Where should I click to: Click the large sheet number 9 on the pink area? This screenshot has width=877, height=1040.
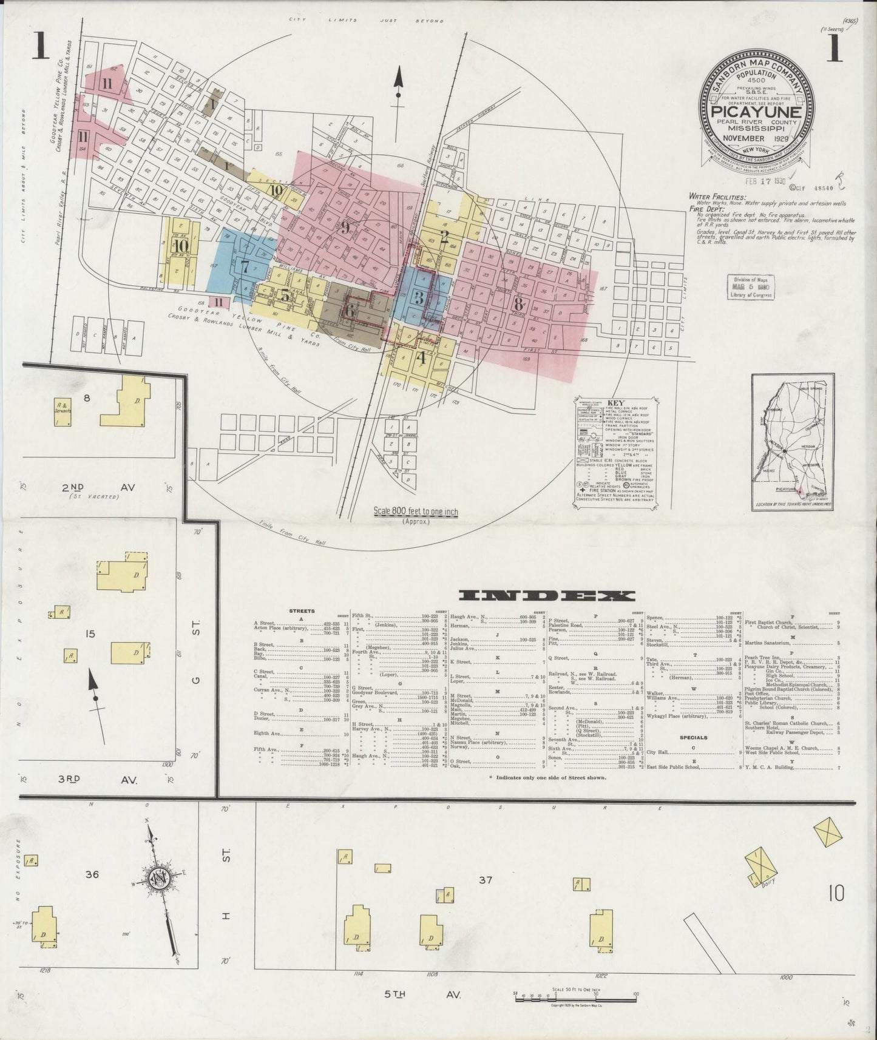[345, 228]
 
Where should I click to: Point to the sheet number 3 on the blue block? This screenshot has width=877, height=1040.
[418, 297]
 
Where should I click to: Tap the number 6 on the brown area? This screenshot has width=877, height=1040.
[350, 309]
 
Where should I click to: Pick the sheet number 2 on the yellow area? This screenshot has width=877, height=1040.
[444, 236]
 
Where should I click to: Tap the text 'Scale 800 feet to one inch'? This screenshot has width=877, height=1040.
[416, 512]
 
